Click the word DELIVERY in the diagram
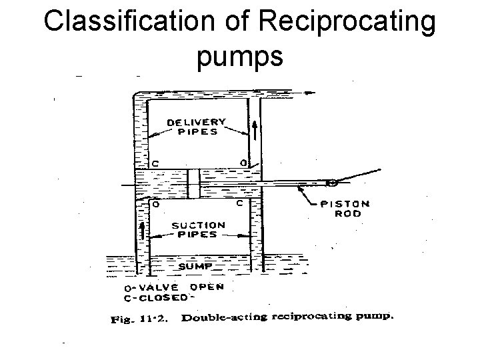197,122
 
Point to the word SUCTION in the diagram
197,226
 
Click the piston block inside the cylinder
193,183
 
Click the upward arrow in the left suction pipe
141,232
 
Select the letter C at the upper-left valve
155,162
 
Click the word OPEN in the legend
207,287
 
